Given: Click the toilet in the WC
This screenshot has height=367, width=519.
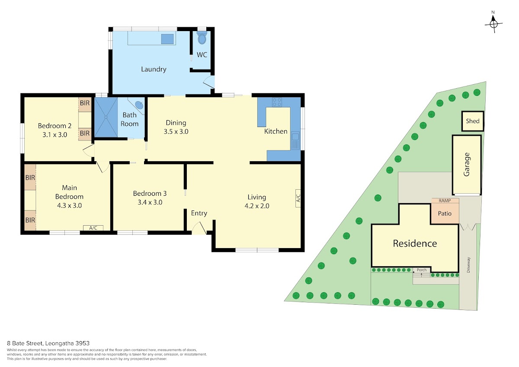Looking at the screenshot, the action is tap(202, 38).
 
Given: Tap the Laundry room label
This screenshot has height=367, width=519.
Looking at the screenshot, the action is tap(154, 69).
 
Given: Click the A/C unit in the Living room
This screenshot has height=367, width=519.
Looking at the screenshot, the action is tap(298, 198).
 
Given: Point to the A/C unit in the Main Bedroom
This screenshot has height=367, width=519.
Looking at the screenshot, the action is tap(93, 228).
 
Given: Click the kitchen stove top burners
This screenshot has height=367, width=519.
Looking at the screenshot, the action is tap(277, 102).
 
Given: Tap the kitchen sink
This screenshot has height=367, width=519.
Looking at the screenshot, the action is tap(295, 141).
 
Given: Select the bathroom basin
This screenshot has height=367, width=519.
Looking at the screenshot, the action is tap(139, 105).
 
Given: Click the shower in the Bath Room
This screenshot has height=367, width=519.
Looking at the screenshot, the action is tap(106, 117).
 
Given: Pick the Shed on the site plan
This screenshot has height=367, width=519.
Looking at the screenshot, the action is tap(473, 121).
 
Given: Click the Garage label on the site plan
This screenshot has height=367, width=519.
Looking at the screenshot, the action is tap(466, 164).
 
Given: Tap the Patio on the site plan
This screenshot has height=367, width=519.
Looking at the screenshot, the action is tap(445, 214).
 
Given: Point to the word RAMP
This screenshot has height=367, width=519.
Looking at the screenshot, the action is tap(445, 201).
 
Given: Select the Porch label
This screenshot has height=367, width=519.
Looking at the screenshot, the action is tap(422, 270).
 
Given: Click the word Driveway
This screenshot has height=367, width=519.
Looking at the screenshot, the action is tap(468, 265).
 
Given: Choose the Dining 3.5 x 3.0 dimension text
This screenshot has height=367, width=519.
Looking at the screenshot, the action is tap(176, 131).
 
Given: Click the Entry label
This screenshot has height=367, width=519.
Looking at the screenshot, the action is tap(199, 213).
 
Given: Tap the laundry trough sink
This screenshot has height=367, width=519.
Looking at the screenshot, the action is tap(167, 39).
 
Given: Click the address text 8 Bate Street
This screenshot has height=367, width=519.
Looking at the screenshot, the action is tap(25, 343).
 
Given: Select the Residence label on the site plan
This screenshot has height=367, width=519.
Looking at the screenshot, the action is tap(415, 243).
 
